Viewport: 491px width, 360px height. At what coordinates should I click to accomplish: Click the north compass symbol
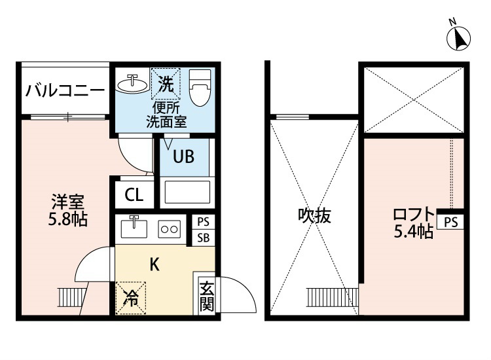tap(458, 38)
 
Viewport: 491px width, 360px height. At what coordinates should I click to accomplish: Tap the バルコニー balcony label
tap(65, 91)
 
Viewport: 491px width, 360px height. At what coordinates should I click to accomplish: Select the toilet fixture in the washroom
tap(200, 88)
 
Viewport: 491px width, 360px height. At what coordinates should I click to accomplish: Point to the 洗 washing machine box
tap(166, 84)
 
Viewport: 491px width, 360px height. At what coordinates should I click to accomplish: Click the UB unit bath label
tap(184, 156)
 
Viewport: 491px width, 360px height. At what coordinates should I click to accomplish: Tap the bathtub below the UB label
tap(187, 192)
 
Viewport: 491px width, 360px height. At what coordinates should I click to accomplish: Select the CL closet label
tap(134, 194)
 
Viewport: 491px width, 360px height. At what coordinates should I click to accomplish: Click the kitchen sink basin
tap(134, 228)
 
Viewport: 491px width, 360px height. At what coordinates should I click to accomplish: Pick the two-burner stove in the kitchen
tap(170, 229)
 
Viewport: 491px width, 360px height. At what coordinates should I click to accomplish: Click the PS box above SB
tap(203, 222)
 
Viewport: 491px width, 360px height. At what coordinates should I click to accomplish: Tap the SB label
tap(203, 238)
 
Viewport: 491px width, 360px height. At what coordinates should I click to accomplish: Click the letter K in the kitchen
tap(155, 265)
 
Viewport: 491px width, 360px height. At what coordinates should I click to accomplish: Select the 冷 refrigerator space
tap(131, 298)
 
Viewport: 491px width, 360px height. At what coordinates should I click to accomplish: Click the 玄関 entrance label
tap(207, 296)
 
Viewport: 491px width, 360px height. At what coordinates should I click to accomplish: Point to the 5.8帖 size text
tap(67, 219)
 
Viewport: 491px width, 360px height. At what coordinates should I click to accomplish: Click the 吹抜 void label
tap(314, 215)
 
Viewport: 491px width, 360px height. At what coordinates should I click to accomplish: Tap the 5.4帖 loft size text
tap(413, 232)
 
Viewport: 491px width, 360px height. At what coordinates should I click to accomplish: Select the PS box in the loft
tap(451, 222)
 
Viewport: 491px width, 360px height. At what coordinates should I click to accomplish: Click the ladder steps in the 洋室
tap(71, 297)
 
